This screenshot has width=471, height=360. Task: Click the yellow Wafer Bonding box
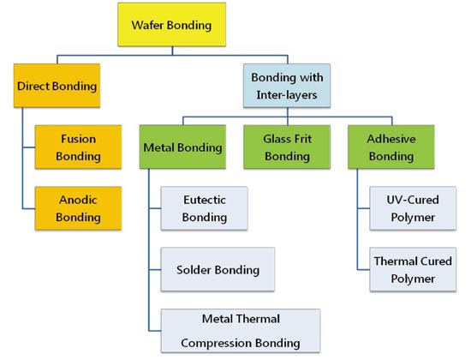(x=172, y=25)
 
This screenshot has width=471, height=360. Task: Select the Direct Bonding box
(x=57, y=86)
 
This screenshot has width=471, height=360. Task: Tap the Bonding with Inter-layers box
(x=287, y=86)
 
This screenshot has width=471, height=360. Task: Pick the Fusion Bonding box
(x=79, y=147)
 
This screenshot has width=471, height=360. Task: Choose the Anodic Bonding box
(x=79, y=208)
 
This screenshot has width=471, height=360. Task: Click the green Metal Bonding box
(x=182, y=147)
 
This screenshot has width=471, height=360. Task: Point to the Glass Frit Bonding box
(x=287, y=147)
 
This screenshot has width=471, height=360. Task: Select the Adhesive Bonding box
(x=391, y=147)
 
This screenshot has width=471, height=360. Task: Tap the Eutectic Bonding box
(x=205, y=208)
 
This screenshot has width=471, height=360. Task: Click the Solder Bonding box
(x=218, y=269)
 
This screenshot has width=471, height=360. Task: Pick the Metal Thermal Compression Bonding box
(x=241, y=331)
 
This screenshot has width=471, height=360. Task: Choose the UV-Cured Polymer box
(x=413, y=208)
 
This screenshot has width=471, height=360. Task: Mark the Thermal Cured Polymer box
(x=413, y=269)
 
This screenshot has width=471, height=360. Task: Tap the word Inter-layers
(x=287, y=95)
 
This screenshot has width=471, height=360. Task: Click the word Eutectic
(x=205, y=200)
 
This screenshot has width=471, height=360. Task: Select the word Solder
(x=194, y=270)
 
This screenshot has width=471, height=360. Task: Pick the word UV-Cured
(x=413, y=200)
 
